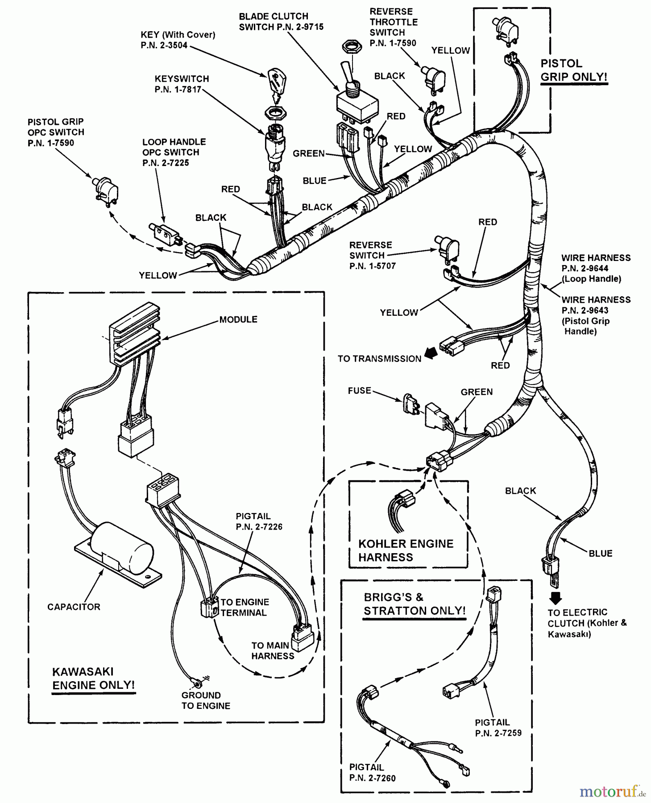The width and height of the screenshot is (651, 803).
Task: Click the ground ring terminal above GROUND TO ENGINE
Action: coord(195,681)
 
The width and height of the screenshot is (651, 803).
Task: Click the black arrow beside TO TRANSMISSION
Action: coord(430,353)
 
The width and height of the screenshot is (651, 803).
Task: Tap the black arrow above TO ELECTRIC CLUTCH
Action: coord(555,598)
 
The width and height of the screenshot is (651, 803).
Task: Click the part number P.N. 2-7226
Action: coord(259,527)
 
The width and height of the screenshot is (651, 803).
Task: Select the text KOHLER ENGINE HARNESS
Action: coord(406,550)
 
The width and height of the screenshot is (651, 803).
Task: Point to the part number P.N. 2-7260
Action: coord(372,778)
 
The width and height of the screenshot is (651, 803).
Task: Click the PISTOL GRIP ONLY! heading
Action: coord(573,70)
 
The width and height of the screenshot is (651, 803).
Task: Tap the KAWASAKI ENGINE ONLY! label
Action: coord(93,678)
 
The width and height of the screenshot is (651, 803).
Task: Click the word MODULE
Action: coord(238,319)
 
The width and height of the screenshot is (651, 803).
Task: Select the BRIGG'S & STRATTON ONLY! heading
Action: coord(415,604)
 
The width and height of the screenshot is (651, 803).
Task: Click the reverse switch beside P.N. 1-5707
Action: coord(448,248)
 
